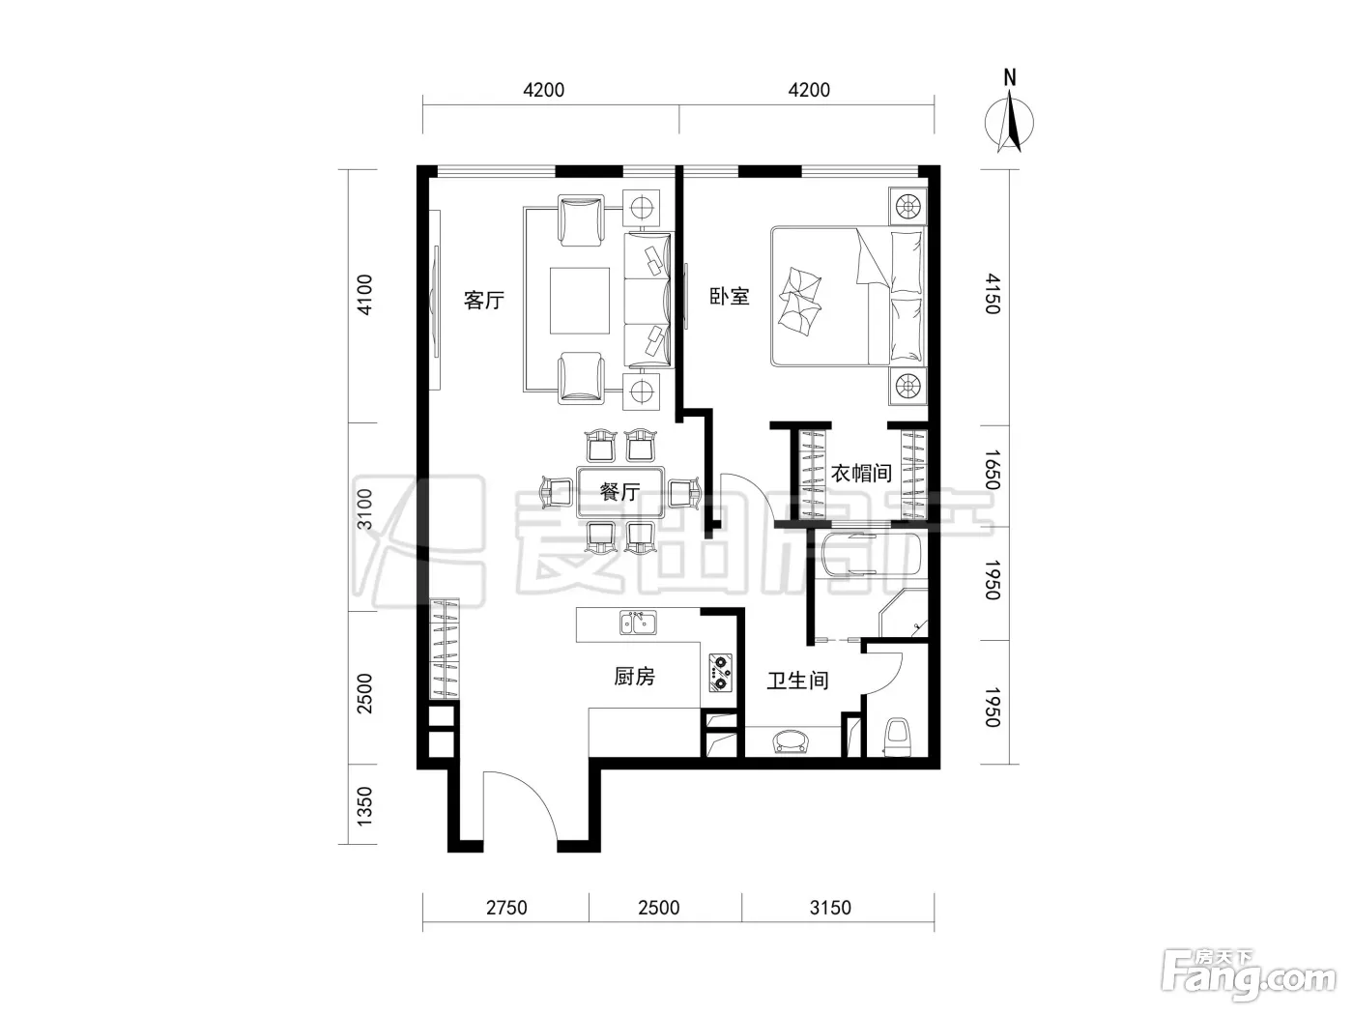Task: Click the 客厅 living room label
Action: [484, 300]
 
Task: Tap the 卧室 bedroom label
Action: [730, 297]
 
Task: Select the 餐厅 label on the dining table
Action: [620, 491]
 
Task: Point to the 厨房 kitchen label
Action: [634, 677]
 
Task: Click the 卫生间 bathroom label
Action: [797, 681]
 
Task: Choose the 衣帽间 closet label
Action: [861, 474]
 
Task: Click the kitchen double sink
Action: [638, 623]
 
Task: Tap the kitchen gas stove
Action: [720, 673]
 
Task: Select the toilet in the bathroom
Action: [897, 737]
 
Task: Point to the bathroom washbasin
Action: [792, 740]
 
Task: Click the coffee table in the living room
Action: [580, 301]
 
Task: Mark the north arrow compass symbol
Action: [1009, 113]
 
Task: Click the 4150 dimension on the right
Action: [992, 294]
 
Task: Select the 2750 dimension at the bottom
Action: [506, 908]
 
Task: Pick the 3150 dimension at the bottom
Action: [830, 908]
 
